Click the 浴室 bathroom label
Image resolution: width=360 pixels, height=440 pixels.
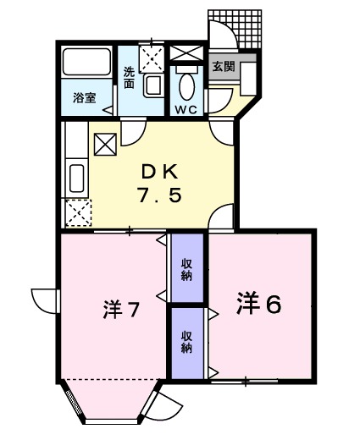point(84,96)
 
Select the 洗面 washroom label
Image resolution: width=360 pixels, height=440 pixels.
point(129,78)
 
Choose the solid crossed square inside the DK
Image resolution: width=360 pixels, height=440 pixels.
point(106,146)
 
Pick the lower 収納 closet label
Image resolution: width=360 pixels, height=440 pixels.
point(186,341)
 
